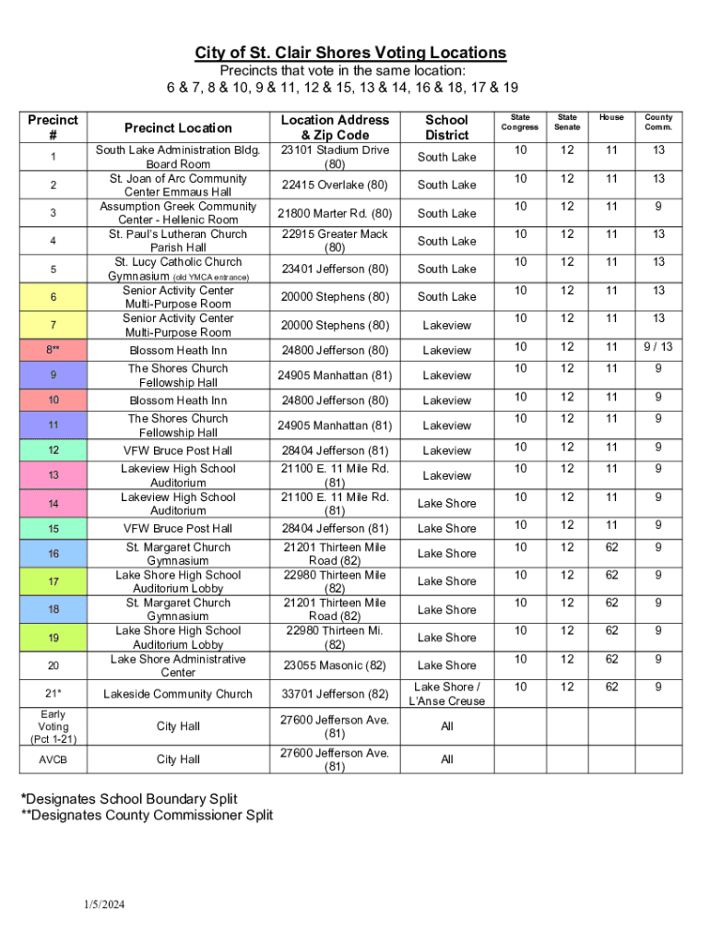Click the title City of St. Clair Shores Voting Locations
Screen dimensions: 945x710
tap(350, 53)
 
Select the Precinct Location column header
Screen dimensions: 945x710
tap(178, 127)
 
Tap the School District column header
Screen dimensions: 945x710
tap(446, 127)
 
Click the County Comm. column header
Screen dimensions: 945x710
tap(658, 122)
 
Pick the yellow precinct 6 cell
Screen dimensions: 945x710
tap(53, 297)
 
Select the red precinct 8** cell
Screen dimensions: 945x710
tap(53, 351)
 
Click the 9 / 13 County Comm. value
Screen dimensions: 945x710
tap(658, 347)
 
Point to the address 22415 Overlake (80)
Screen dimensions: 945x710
tap(335, 185)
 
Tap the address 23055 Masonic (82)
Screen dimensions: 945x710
tap(335, 665)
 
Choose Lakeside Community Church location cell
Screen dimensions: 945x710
tap(178, 694)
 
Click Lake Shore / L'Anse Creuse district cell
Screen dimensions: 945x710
tap(446, 694)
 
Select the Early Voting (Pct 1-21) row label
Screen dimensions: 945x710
tap(53, 726)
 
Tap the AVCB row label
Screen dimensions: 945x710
tap(53, 760)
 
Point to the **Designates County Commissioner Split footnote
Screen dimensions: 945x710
tap(148, 816)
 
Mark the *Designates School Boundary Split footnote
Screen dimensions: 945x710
tap(129, 799)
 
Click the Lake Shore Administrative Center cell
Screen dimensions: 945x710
tap(178, 665)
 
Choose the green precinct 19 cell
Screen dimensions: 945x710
tap(53, 638)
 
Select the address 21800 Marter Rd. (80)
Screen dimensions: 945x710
tap(335, 213)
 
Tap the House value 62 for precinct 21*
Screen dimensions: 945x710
tap(610, 688)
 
